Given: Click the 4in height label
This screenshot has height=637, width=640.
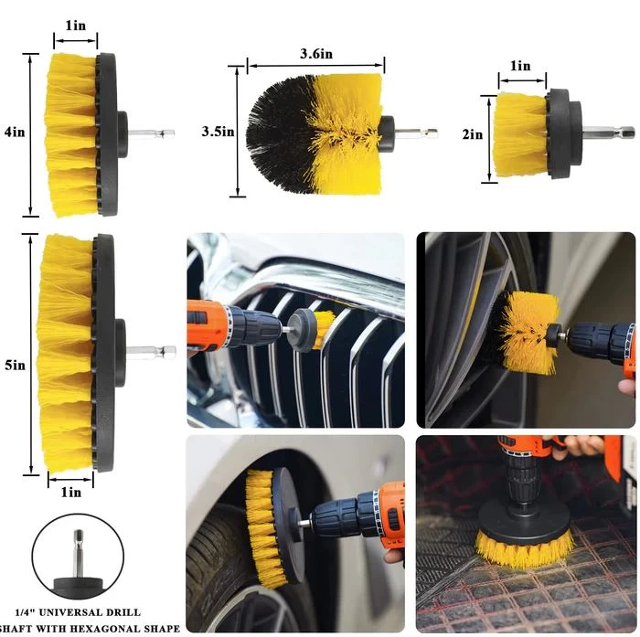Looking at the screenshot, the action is click(15, 133).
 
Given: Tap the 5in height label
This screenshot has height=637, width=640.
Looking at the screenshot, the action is click(16, 366).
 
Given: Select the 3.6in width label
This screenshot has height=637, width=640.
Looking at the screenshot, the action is click(316, 53).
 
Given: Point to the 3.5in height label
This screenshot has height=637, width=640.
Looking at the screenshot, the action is click(218, 132).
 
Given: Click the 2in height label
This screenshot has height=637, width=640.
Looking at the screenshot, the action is click(473, 134).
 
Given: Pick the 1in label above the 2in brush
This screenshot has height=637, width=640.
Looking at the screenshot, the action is click(520, 66).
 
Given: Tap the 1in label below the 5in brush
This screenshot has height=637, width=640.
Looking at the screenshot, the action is click(71, 492).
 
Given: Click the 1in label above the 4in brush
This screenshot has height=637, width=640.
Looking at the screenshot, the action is click(76, 26).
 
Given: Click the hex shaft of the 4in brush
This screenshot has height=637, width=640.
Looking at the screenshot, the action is click(151, 133).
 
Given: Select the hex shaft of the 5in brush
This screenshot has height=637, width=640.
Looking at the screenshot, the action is click(151, 350).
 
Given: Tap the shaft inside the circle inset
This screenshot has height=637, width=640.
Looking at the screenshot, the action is click(78, 553).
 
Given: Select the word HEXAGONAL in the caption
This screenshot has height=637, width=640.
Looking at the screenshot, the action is click(123, 629).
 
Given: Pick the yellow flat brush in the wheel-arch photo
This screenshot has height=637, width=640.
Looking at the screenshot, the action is click(261, 528).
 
